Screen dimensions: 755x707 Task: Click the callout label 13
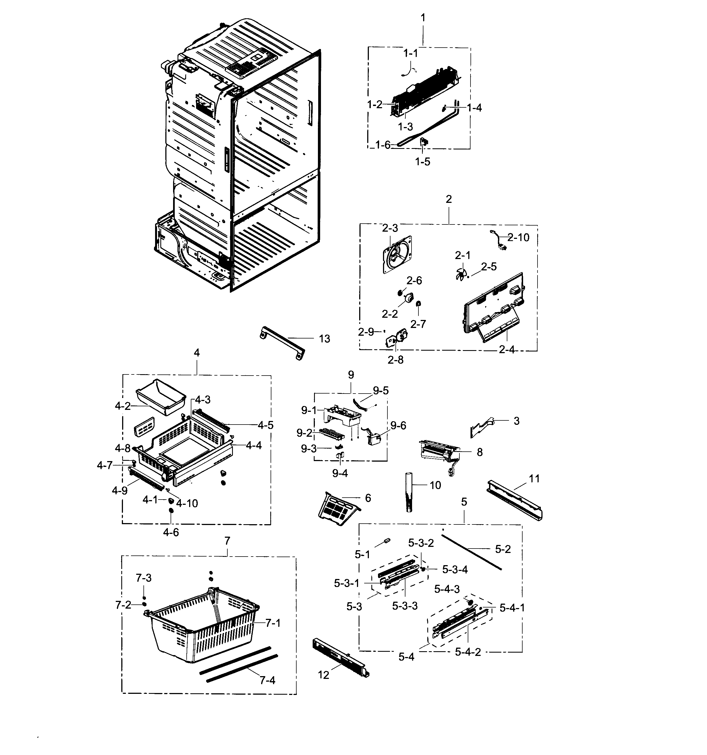coord(324,339)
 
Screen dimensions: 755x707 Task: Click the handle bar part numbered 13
coord(282,343)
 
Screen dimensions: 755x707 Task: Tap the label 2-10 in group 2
coord(518,238)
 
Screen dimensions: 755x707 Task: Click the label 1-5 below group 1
coord(422,162)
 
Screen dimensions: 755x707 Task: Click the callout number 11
coord(534,479)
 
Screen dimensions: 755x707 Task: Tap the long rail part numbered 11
coord(514,500)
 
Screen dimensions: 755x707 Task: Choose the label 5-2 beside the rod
coord(503,549)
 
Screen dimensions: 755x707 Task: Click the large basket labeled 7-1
coord(201,627)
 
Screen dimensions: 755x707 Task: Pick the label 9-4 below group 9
coord(340,473)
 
